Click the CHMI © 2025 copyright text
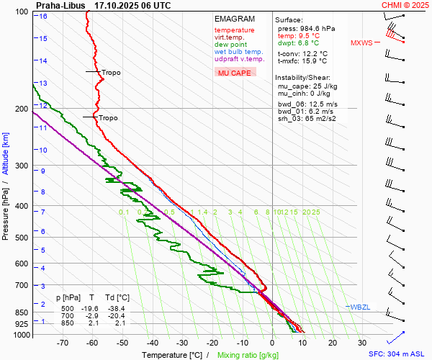click(x=405, y=5)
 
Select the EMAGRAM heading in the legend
click(x=235, y=19)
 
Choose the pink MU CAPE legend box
click(x=235, y=73)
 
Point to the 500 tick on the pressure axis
click(x=21, y=238)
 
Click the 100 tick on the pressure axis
click(x=21, y=12)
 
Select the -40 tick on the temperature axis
click(x=152, y=343)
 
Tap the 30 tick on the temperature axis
click(x=363, y=343)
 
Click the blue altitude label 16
click(x=44, y=17)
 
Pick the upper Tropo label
click(x=111, y=73)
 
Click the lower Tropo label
click(x=107, y=118)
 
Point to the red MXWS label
click(x=362, y=42)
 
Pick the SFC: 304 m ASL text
click(x=398, y=354)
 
